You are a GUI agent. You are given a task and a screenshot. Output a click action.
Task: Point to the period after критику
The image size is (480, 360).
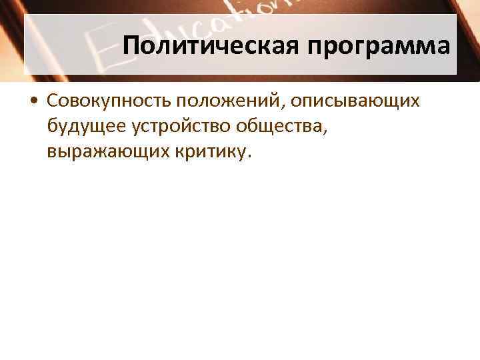250,155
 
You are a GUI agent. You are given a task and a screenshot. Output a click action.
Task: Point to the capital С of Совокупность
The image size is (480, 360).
53,101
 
